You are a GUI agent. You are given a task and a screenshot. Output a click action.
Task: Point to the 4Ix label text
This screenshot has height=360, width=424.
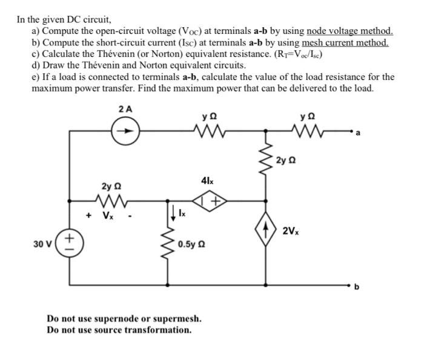(x=206, y=180)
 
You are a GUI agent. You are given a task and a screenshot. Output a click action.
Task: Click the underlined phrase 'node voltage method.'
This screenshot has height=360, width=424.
(x=350, y=31)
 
